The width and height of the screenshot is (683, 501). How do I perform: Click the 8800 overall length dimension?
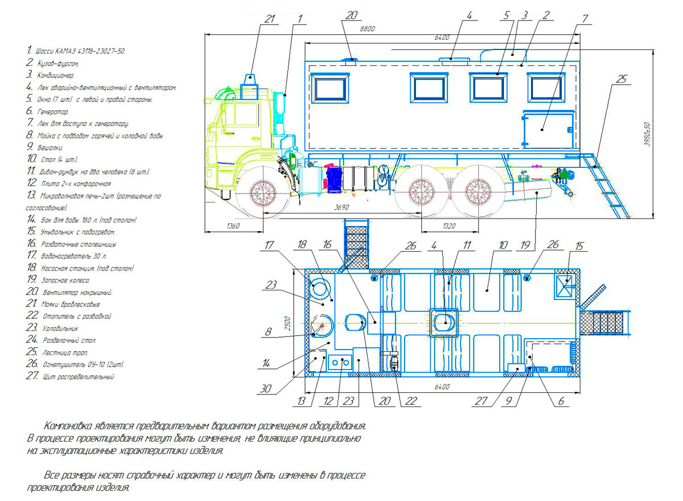(367, 29)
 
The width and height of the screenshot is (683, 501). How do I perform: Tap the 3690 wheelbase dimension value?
(341, 208)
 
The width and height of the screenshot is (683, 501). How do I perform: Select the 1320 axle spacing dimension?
(449, 226)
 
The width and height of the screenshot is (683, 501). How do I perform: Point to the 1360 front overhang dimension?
(233, 226)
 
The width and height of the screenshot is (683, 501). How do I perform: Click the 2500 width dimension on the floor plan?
(287, 323)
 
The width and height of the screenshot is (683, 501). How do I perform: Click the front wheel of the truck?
(263, 193)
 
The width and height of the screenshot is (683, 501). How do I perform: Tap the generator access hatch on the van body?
(549, 130)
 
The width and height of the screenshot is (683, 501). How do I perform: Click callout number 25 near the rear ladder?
(621, 79)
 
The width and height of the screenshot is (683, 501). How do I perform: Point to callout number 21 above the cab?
(269, 19)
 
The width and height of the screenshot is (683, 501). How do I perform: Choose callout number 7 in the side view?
(585, 19)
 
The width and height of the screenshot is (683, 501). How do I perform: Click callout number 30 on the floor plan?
(266, 389)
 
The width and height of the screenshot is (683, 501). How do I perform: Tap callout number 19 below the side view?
(525, 245)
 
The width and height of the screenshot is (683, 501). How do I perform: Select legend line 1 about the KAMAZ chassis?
(76, 51)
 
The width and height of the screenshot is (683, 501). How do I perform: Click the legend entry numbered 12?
(69, 183)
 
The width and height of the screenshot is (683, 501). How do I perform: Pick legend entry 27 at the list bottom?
(70, 376)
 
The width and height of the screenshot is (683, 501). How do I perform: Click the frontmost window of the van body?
(330, 88)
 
